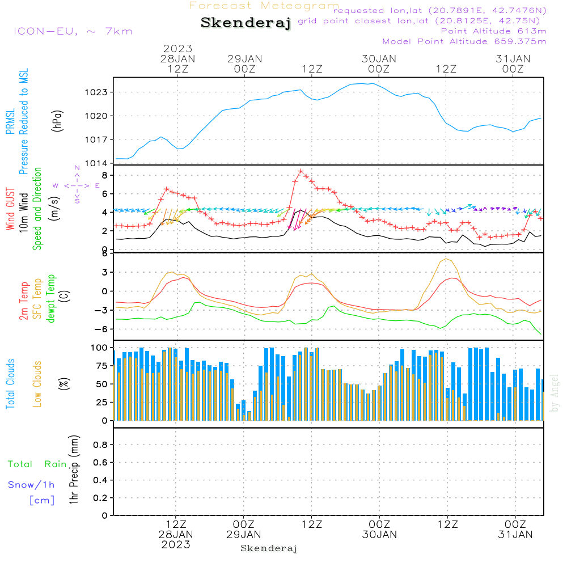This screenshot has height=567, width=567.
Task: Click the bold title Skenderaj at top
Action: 246,23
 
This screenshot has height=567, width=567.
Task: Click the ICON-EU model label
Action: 72,31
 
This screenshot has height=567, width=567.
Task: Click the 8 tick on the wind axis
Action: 104,175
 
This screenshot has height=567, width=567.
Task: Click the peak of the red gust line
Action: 301,171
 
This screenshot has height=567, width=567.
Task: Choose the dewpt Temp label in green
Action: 52,299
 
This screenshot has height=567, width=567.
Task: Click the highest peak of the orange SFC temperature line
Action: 447,259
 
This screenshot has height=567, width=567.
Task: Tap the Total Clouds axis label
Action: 11,384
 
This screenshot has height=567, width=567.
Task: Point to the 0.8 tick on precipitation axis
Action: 100,445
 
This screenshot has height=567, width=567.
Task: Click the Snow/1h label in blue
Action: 31,485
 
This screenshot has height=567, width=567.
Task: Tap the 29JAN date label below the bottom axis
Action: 244,534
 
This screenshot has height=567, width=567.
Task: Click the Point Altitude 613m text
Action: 493,31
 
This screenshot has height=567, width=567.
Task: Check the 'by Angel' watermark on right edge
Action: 555,393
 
